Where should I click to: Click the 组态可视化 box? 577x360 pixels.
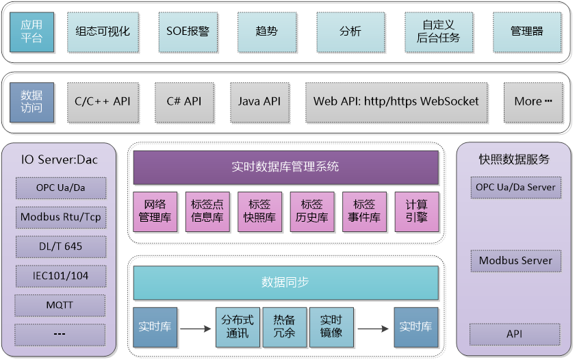tap(103, 32)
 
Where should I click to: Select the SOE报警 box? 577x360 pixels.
tap(188, 32)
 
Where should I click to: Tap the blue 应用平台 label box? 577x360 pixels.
tap(31, 32)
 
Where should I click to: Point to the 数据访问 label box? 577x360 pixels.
tap(31, 103)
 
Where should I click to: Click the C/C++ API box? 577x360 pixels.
tap(103, 103)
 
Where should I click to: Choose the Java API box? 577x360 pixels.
tap(259, 103)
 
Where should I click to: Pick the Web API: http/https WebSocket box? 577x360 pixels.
tap(396, 103)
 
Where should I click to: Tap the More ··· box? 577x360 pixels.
tap(533, 103)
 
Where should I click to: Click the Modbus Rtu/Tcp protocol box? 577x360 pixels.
tap(61, 218)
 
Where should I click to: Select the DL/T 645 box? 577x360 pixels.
tap(61, 246)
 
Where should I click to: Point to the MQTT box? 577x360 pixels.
tap(60, 305)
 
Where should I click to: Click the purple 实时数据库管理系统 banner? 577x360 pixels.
tap(286, 168)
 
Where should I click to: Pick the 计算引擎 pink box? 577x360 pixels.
tap(417, 211)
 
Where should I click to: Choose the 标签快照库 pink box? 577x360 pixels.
tap(260, 211)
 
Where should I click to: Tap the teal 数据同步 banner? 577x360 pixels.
tap(286, 283)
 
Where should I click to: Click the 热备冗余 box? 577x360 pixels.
tap(285, 327)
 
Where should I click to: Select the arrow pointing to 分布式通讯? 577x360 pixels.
tap(195, 329)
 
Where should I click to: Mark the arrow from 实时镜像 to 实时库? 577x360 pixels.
tap(373, 329)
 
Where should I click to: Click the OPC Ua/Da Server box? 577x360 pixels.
tap(516, 188)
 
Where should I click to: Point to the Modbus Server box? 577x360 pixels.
tap(516, 261)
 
